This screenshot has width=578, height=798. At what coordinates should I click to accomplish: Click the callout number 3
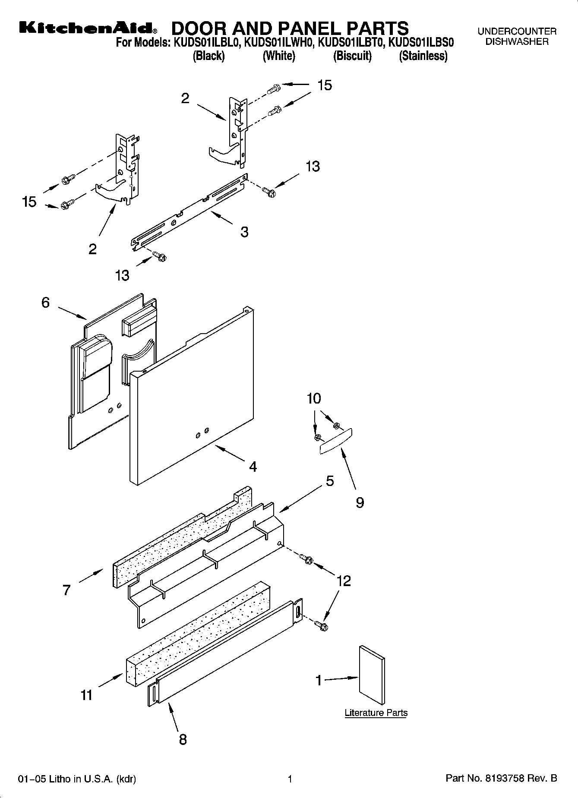click(244, 232)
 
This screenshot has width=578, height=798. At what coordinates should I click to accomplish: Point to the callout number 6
click(46, 303)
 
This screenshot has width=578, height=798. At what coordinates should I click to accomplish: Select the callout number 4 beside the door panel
click(253, 467)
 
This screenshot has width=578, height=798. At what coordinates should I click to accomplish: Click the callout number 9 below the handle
click(360, 502)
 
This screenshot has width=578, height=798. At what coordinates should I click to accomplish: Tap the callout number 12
click(344, 581)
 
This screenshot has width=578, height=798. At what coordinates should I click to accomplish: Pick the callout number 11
click(86, 695)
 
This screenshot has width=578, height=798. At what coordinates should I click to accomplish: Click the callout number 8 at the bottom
click(183, 739)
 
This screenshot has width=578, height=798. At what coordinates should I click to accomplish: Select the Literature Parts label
click(376, 713)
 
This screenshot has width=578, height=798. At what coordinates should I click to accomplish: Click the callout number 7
click(66, 590)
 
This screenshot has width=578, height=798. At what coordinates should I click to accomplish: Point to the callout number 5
click(329, 481)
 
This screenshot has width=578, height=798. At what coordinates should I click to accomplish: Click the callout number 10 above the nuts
click(314, 398)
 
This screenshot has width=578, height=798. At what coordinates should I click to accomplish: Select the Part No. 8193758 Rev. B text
click(501, 779)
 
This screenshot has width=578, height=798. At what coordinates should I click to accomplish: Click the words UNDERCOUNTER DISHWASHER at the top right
click(517, 37)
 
